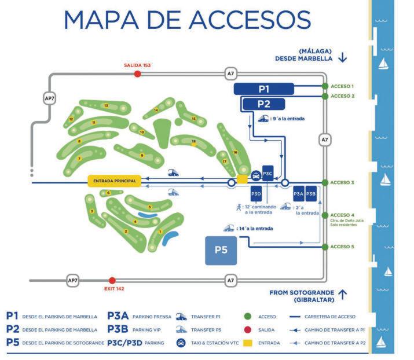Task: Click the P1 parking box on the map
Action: coord(263,88)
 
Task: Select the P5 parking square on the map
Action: coord(221,250)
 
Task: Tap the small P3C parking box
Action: coord(268,173)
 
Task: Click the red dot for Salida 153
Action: coord(137,74)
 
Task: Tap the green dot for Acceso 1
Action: coord(324,86)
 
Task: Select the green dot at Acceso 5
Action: coord(324,247)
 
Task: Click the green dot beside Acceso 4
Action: coord(324,215)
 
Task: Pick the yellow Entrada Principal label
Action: coord(113,181)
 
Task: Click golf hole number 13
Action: coord(106,106)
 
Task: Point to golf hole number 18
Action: coord(194,141)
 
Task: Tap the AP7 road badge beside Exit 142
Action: coord(73,281)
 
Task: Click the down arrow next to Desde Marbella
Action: coord(343,57)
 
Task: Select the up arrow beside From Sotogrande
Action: coord(343,295)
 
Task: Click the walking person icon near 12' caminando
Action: coord(238,206)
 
